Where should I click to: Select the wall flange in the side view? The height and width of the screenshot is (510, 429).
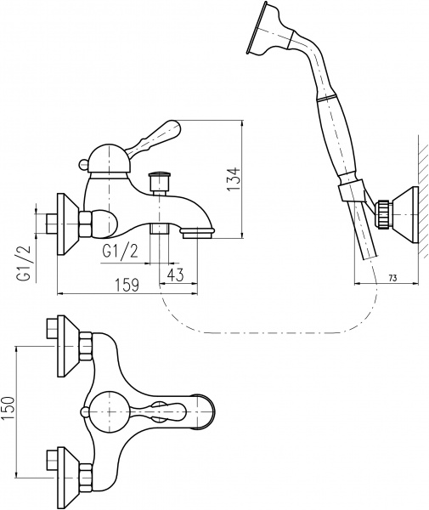click(x=66, y=223)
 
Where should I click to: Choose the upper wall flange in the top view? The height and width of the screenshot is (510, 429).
click(x=66, y=346)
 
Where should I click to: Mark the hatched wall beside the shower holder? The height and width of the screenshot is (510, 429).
click(x=421, y=204)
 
